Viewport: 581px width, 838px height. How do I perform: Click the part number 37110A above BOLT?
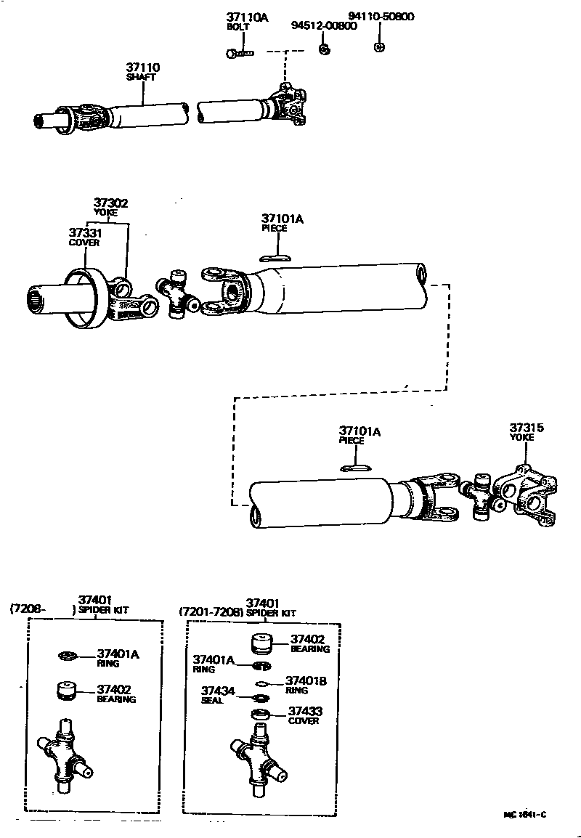(x=247, y=17)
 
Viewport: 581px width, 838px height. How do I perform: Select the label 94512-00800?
(x=324, y=25)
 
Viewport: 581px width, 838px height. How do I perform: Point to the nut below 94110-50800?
(x=378, y=47)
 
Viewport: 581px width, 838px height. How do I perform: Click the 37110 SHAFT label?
(x=142, y=71)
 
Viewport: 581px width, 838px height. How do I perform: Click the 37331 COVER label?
(x=84, y=237)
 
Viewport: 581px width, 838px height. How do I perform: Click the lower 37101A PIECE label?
(x=359, y=435)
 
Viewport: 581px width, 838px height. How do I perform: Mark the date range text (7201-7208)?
(x=211, y=612)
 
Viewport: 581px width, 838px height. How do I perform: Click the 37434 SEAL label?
(x=218, y=695)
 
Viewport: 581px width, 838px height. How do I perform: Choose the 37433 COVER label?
(x=305, y=716)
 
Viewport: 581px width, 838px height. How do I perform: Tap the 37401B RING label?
(x=305, y=685)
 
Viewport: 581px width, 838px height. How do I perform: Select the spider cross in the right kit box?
(x=259, y=760)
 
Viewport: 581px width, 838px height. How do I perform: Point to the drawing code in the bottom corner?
(x=524, y=815)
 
